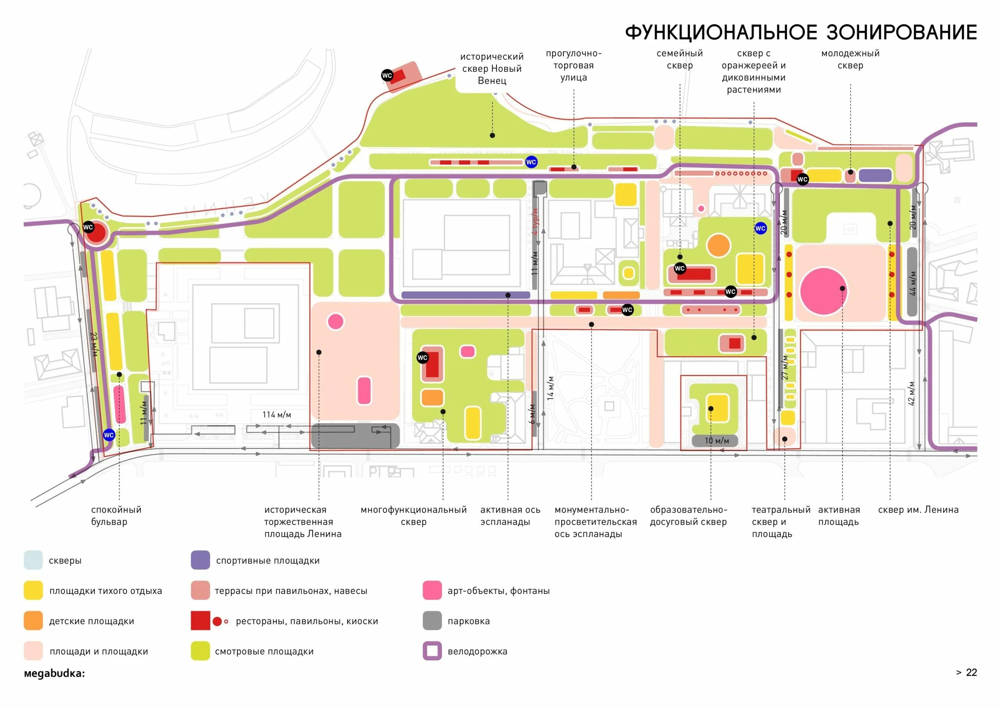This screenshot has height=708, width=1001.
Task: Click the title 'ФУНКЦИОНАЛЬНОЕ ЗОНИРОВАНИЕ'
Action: (x=801, y=33)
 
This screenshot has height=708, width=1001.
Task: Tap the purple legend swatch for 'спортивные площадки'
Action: (x=200, y=560)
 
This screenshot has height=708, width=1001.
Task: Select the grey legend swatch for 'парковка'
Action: (x=432, y=621)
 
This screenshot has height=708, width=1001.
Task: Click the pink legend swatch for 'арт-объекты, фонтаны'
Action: (x=432, y=590)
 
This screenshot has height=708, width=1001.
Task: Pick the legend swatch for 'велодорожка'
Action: (x=432, y=651)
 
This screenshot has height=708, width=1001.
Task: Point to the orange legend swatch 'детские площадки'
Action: (x=33, y=621)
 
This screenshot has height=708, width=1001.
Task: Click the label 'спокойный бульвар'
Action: (x=116, y=515)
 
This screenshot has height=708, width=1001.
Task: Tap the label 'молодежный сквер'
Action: (x=850, y=59)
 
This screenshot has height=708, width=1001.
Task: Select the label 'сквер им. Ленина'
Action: (x=918, y=510)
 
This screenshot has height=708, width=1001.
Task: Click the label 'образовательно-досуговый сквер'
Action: (x=689, y=515)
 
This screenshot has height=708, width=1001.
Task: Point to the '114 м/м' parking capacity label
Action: (x=276, y=415)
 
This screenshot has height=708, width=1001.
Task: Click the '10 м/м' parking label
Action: (x=717, y=441)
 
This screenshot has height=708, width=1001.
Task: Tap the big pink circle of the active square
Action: (x=823, y=291)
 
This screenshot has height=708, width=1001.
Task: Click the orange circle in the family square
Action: (x=718, y=245)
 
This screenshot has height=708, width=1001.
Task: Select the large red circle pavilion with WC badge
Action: (x=95, y=233)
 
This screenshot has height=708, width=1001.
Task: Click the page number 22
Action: (x=971, y=672)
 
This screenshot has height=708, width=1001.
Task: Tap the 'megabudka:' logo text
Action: (x=54, y=673)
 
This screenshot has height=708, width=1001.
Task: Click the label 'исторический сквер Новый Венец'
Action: (x=492, y=68)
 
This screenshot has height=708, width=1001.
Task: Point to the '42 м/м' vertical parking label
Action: (x=911, y=393)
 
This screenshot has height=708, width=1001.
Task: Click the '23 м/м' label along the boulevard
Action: (x=94, y=344)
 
